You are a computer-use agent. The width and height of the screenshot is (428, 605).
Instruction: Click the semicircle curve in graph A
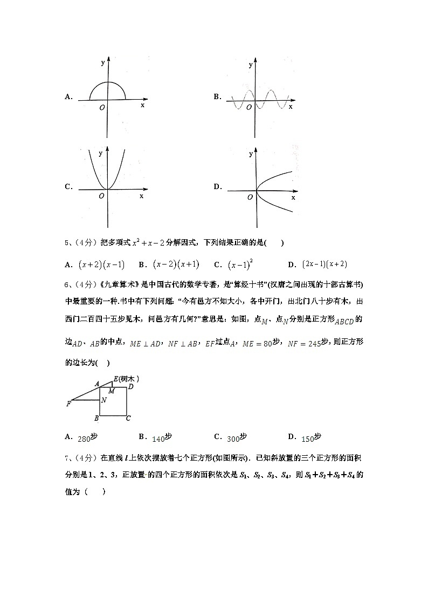(x=108, y=84)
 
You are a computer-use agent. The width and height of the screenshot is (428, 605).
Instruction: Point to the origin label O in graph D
(x=250, y=198)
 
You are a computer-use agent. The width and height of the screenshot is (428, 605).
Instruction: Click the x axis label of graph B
(x=291, y=107)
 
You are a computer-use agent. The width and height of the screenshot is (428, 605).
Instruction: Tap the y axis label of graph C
(x=100, y=154)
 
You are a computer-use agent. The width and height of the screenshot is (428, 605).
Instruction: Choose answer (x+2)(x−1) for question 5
(x=101, y=265)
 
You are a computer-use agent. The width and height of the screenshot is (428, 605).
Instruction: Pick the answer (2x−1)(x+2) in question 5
(x=325, y=264)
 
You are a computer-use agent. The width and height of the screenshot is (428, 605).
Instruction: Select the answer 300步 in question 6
(x=237, y=437)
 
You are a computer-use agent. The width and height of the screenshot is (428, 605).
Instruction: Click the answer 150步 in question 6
(x=311, y=437)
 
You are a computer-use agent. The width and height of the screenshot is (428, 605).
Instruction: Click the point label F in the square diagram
(x=68, y=404)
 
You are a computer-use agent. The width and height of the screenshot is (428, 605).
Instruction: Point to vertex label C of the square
(x=128, y=418)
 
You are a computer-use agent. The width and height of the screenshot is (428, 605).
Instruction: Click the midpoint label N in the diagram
(x=103, y=400)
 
